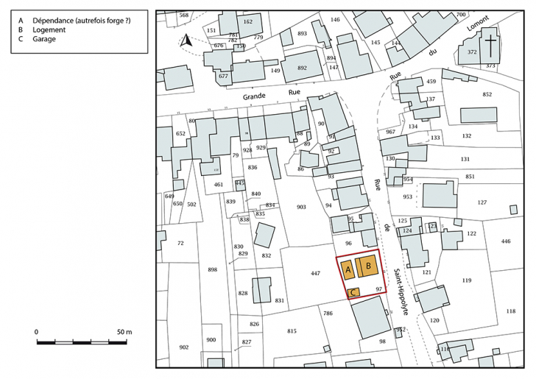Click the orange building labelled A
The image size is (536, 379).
pos(348,271)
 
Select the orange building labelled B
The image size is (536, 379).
pos(367,266)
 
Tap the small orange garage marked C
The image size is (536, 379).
pos(353,292)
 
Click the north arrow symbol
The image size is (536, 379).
pos(187,42)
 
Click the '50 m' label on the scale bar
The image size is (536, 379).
pos(123,333)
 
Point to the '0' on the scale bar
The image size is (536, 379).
pos(37,333)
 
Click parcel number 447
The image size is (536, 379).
pos(315,273)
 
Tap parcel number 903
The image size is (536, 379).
pos(300,208)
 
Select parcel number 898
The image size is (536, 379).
pos(213,270)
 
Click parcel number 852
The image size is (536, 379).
pos(487,94)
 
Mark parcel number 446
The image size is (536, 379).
pos(506,241)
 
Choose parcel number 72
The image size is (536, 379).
pos(180,242)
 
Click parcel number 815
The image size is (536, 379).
pos(292,330)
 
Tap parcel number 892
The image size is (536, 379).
pos(302,68)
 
